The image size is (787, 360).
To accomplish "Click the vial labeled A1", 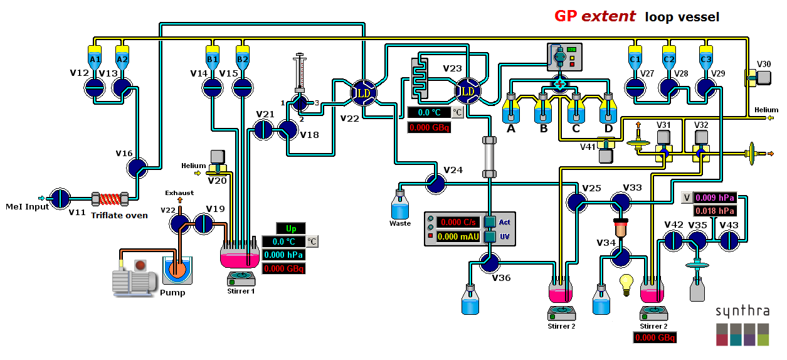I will [x=95, y=58].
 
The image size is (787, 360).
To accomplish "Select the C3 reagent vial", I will [x=705, y=58].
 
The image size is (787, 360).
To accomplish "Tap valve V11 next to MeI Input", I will [x=59, y=198].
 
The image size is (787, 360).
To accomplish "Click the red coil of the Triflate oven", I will [x=110, y=199].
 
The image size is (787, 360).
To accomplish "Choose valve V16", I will [x=137, y=167].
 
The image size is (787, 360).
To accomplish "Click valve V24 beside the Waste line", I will [x=435, y=183].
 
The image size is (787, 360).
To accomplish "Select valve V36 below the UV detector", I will [x=489, y=262].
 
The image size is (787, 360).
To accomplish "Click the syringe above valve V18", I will [x=299, y=74].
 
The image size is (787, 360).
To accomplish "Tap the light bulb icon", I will [x=625, y=283].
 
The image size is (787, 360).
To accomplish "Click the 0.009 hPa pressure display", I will [x=714, y=198].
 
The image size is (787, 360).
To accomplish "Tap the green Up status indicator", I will [x=290, y=228].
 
